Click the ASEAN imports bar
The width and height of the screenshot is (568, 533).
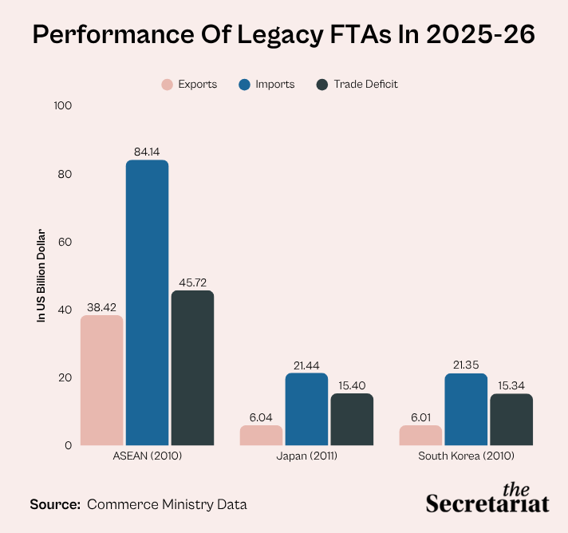(147, 302)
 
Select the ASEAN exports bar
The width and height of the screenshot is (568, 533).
(102, 380)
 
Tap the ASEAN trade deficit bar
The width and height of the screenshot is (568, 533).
(193, 368)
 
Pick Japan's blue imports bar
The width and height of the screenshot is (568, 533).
(306, 409)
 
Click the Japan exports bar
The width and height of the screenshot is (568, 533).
(261, 435)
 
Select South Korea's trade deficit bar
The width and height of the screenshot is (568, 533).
(511, 420)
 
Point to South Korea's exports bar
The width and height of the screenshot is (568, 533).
(420, 435)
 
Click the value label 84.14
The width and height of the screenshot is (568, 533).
(147, 152)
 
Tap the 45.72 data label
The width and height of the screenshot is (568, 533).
(193, 282)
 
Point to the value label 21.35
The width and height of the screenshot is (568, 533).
(466, 365)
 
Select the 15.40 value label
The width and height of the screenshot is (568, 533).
(352, 385)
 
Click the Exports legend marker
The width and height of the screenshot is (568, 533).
(167, 85)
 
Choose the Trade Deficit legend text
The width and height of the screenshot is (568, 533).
(366, 84)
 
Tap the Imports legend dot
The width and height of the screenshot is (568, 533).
(245, 85)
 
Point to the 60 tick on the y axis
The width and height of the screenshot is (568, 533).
(65, 242)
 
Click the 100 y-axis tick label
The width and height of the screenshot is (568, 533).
(63, 106)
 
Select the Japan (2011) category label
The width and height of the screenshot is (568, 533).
(307, 456)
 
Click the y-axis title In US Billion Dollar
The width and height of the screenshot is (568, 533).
(41, 275)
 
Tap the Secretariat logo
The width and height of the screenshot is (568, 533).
(487, 498)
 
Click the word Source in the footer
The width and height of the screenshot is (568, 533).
(55, 504)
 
